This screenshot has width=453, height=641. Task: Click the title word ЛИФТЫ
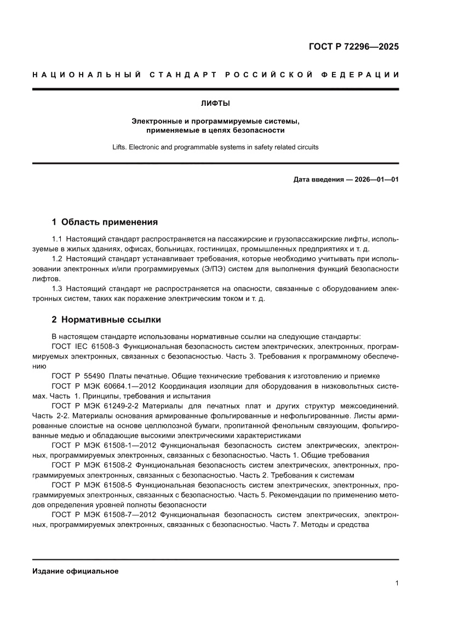(x=215, y=103)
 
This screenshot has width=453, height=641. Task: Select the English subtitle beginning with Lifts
(x=215, y=147)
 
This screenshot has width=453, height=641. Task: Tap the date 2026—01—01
(x=374, y=179)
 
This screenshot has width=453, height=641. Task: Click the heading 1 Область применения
(x=105, y=222)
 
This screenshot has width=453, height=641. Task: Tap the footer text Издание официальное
(x=76, y=571)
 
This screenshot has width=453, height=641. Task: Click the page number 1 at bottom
(x=396, y=583)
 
